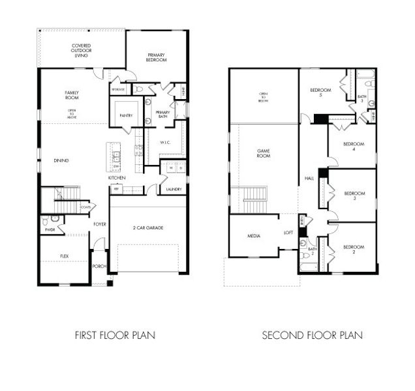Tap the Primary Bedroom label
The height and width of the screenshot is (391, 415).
tap(157, 57)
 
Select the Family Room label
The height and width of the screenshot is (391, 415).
tap(72, 96)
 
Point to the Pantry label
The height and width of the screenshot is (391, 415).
tap(127, 116)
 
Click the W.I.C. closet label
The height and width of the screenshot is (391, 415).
tap(166, 141)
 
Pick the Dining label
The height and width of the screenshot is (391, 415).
tap(62, 160)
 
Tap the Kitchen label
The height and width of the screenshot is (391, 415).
tap(117, 178)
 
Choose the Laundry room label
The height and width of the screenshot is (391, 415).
tap(174, 189)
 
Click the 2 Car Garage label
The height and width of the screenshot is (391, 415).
tap(148, 227)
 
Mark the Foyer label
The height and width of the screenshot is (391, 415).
tap(100, 224)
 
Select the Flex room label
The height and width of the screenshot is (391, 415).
tap(64, 256)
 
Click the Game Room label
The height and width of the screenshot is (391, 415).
tap(264, 152)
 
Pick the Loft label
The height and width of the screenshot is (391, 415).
tap(288, 232)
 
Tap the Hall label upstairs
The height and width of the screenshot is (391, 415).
tap(309, 179)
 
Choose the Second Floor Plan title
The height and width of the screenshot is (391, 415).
tap(313, 336)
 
